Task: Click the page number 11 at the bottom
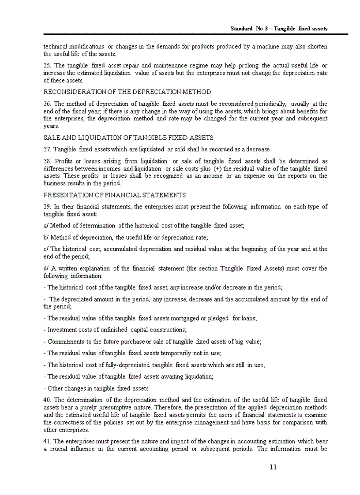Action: click(273, 467)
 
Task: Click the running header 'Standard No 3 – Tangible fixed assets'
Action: click(279, 29)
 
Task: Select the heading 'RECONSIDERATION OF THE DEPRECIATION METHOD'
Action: click(127, 92)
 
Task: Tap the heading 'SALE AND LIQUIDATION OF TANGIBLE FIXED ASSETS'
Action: click(128, 138)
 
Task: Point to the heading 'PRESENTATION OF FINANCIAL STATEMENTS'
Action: click(115, 195)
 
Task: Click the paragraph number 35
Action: click(47, 66)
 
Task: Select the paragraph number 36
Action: click(47, 104)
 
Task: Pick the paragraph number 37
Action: click(47, 149)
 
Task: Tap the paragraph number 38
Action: click(47, 161)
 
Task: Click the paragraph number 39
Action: click(47, 206)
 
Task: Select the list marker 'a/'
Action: click(46, 226)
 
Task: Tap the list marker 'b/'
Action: click(46, 237)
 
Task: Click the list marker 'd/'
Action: click(46, 268)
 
